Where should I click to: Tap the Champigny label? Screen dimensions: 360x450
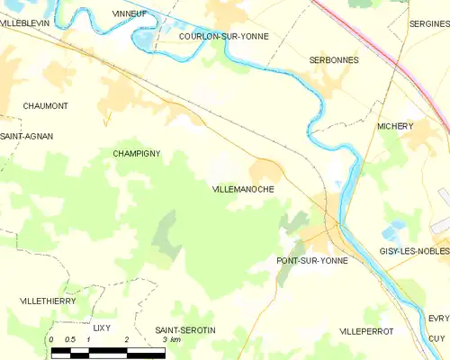pyautogui.click(x=137, y=154)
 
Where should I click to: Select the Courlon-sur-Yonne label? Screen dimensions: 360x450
pyautogui.click(x=223, y=37)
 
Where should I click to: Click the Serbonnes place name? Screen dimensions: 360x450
pyautogui.click(x=334, y=60)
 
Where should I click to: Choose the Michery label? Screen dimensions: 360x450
pyautogui.click(x=395, y=127)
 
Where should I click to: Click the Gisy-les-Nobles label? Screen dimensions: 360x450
pyautogui.click(x=414, y=251)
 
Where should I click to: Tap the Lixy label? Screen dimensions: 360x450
pyautogui.click(x=101, y=328)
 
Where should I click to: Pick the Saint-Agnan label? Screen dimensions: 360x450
pyautogui.click(x=27, y=136)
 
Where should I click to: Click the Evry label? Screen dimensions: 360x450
pyautogui.click(x=438, y=319)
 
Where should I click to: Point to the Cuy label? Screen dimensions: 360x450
pyautogui.click(x=436, y=337)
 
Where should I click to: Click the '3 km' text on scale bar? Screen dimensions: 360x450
pyautogui.click(x=171, y=339)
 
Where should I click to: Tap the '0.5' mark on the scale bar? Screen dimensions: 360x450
pyautogui.click(x=70, y=339)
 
